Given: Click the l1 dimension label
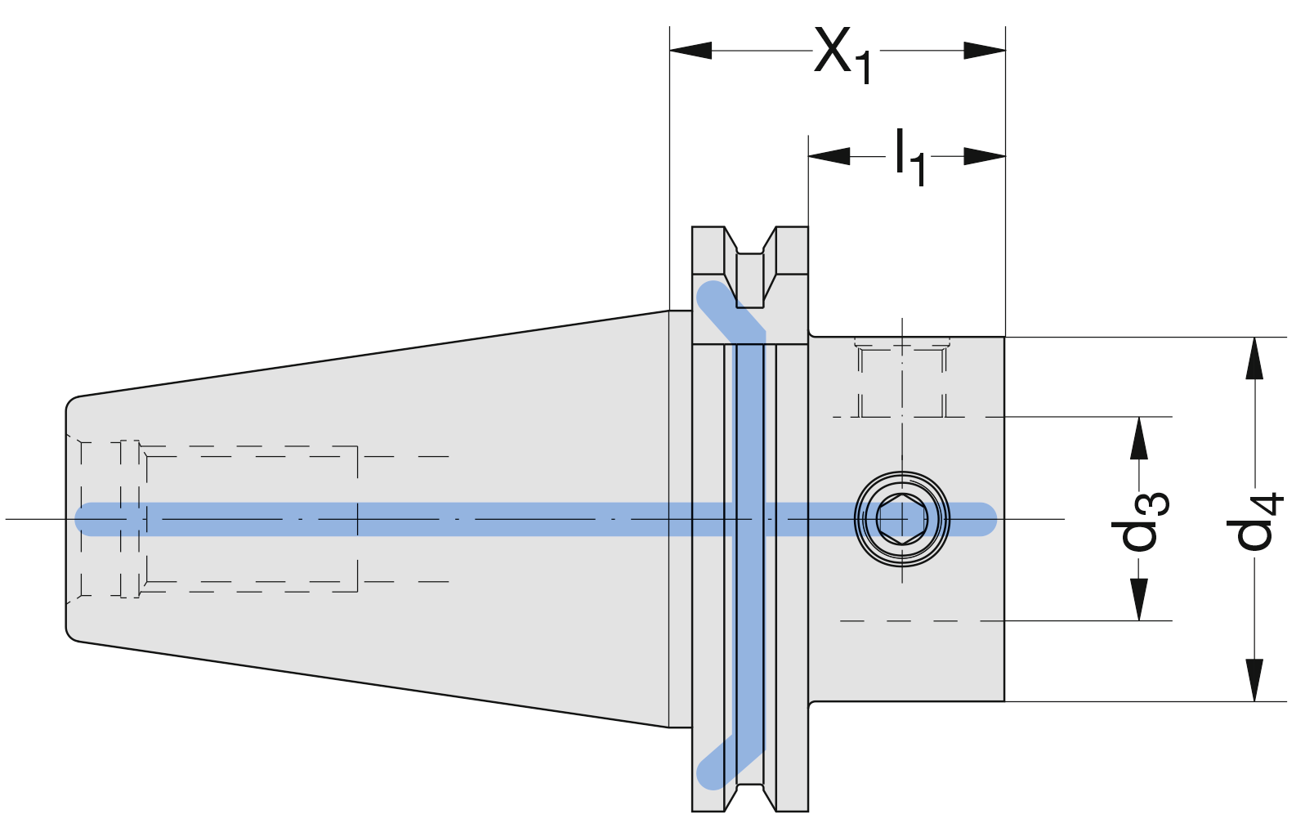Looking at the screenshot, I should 909,157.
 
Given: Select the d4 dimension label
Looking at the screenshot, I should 1254,520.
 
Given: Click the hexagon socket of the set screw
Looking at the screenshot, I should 902,518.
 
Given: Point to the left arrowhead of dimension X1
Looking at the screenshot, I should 690,50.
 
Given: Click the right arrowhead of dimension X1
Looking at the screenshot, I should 985,50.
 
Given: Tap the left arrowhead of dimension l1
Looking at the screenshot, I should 829,156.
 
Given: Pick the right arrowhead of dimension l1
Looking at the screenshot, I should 985,156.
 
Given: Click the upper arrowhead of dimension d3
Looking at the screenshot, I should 1139,437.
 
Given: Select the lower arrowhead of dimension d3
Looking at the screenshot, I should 1139,600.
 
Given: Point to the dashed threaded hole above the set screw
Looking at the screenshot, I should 902,379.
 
